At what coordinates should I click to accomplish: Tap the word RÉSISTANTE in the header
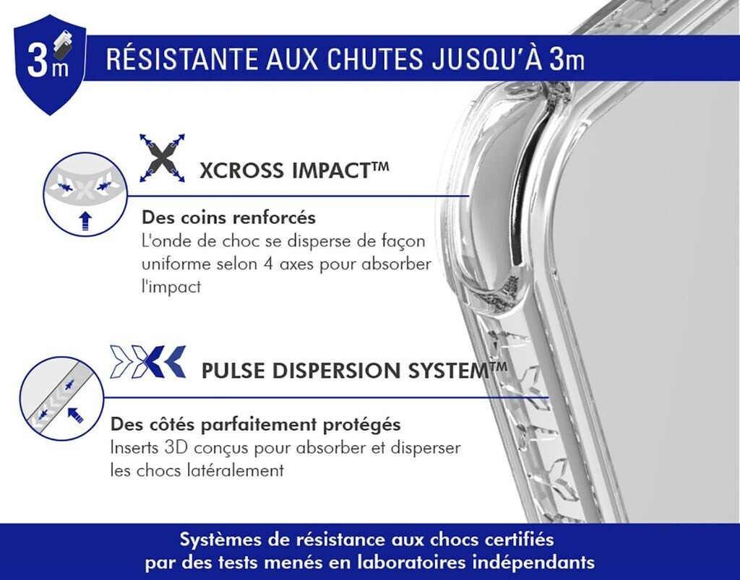point(181,59)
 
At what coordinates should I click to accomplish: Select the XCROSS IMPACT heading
point(294,170)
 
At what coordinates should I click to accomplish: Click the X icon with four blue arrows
point(162,158)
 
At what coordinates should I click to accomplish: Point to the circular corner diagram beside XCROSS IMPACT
point(85,194)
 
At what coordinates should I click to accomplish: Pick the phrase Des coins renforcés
point(229,217)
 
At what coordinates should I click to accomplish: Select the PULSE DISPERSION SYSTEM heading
point(354,371)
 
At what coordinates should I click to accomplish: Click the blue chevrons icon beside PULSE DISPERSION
point(147,362)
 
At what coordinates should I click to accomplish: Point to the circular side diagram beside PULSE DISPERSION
point(62,399)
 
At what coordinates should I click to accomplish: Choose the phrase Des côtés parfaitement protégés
point(255,425)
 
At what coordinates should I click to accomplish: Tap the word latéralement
point(239,470)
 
